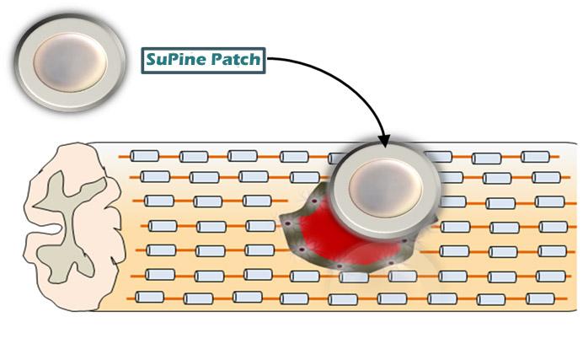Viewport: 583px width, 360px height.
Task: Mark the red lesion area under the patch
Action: [x=324, y=237]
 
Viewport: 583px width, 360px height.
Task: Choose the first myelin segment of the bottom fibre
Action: [x=150, y=297]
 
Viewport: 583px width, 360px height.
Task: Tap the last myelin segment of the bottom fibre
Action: [x=537, y=298]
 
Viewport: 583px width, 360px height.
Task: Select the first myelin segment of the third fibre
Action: [x=158, y=201]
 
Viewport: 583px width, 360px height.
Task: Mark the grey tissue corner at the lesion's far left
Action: [x=282, y=221]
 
